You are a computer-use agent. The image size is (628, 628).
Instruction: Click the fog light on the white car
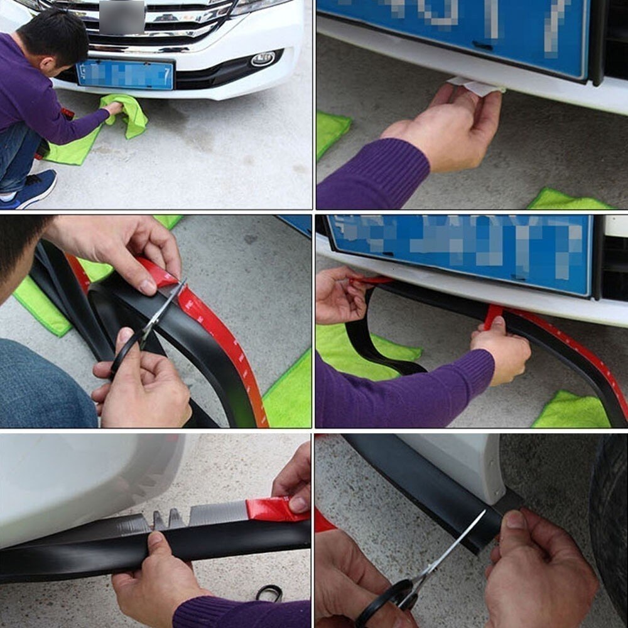coord(263,60)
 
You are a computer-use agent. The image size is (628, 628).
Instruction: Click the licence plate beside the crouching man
coord(125,75)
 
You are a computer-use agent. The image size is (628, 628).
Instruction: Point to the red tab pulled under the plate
coord(493,314)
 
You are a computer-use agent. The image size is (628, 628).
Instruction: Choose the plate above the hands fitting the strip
coord(462,251)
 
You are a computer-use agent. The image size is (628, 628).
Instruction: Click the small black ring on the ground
coord(269,592)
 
